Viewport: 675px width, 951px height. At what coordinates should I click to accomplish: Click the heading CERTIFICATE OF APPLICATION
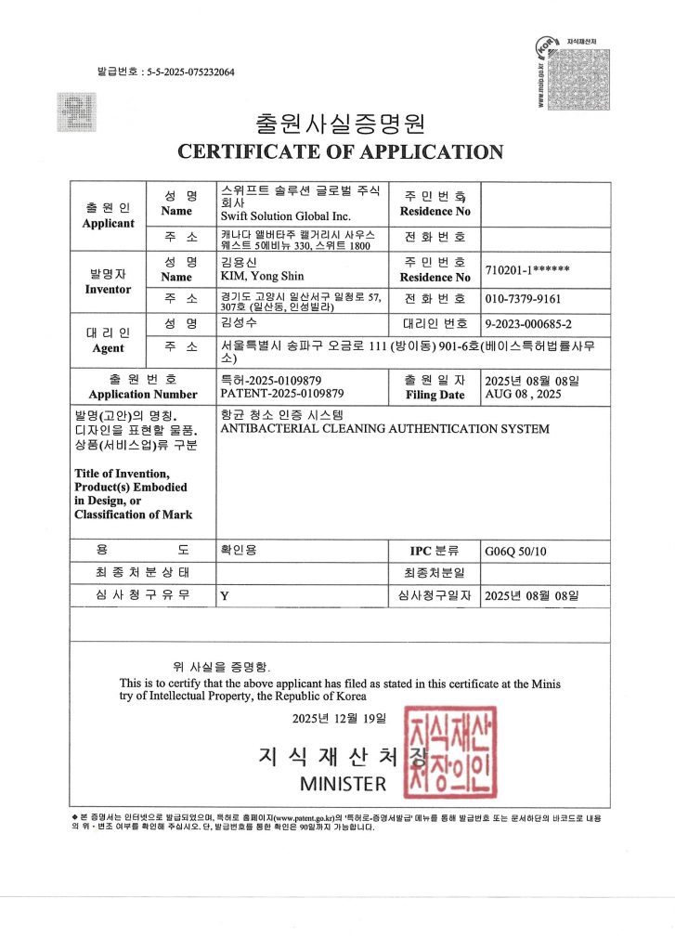[x=340, y=151]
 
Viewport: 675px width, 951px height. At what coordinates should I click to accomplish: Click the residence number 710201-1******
[x=526, y=270]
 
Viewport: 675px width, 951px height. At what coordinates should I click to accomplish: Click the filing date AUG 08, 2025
[x=523, y=393]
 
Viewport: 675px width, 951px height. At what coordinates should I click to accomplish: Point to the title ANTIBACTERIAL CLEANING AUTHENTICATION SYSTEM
[x=383, y=428]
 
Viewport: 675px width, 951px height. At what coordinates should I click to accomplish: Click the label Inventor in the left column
[x=108, y=290]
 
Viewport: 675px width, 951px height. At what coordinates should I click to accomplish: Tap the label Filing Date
[x=435, y=395]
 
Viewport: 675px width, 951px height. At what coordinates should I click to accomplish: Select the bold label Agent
[x=108, y=348]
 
